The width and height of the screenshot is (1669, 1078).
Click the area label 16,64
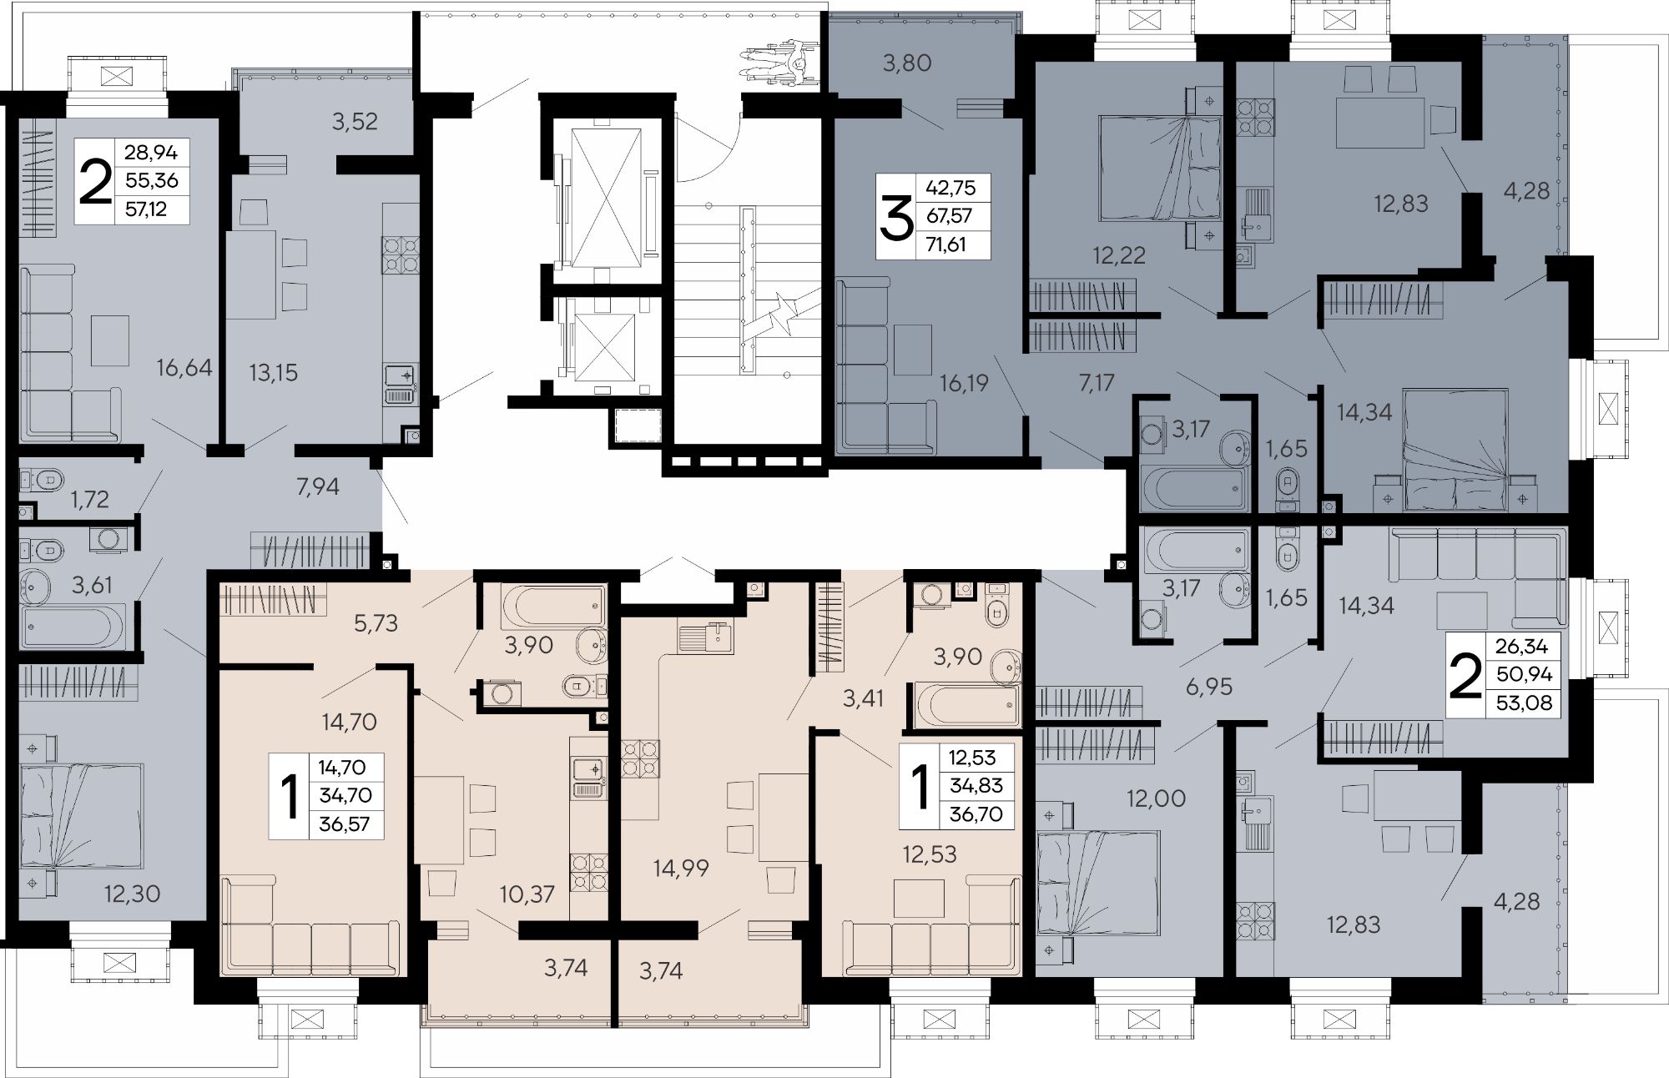click(x=184, y=367)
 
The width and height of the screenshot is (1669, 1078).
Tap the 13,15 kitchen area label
click(x=273, y=372)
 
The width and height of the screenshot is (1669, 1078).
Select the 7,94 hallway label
click(x=318, y=486)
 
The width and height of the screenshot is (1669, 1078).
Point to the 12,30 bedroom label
click(x=132, y=894)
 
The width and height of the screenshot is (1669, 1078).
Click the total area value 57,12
click(x=145, y=209)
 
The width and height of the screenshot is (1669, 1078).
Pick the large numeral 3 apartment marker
click(x=895, y=219)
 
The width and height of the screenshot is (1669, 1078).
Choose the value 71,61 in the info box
click(x=950, y=244)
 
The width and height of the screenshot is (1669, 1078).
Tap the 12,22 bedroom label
click(x=1119, y=255)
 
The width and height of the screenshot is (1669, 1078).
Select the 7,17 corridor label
click(x=1096, y=383)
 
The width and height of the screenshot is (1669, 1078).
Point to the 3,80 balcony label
click(x=907, y=63)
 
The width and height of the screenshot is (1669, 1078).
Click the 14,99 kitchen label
click(x=681, y=868)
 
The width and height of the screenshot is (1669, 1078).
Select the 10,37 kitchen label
click(x=527, y=894)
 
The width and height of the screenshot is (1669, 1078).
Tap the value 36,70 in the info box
click(x=976, y=814)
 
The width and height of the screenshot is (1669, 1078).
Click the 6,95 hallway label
click(x=1208, y=688)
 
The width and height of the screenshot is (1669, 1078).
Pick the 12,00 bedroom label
click(x=1156, y=798)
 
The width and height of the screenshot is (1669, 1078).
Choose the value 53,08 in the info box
click(x=1524, y=703)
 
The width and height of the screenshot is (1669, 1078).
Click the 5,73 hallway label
click(x=376, y=622)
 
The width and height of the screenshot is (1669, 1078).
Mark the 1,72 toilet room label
click(x=89, y=499)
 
